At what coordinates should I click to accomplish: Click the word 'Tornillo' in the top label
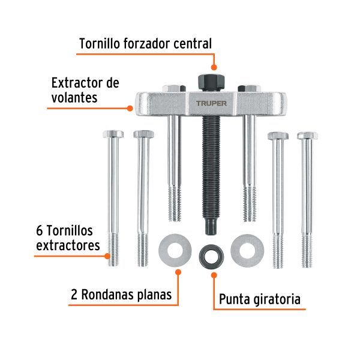(101, 44)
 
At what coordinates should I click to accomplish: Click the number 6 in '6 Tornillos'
(40, 231)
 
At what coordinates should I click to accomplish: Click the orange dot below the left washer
(177, 272)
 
